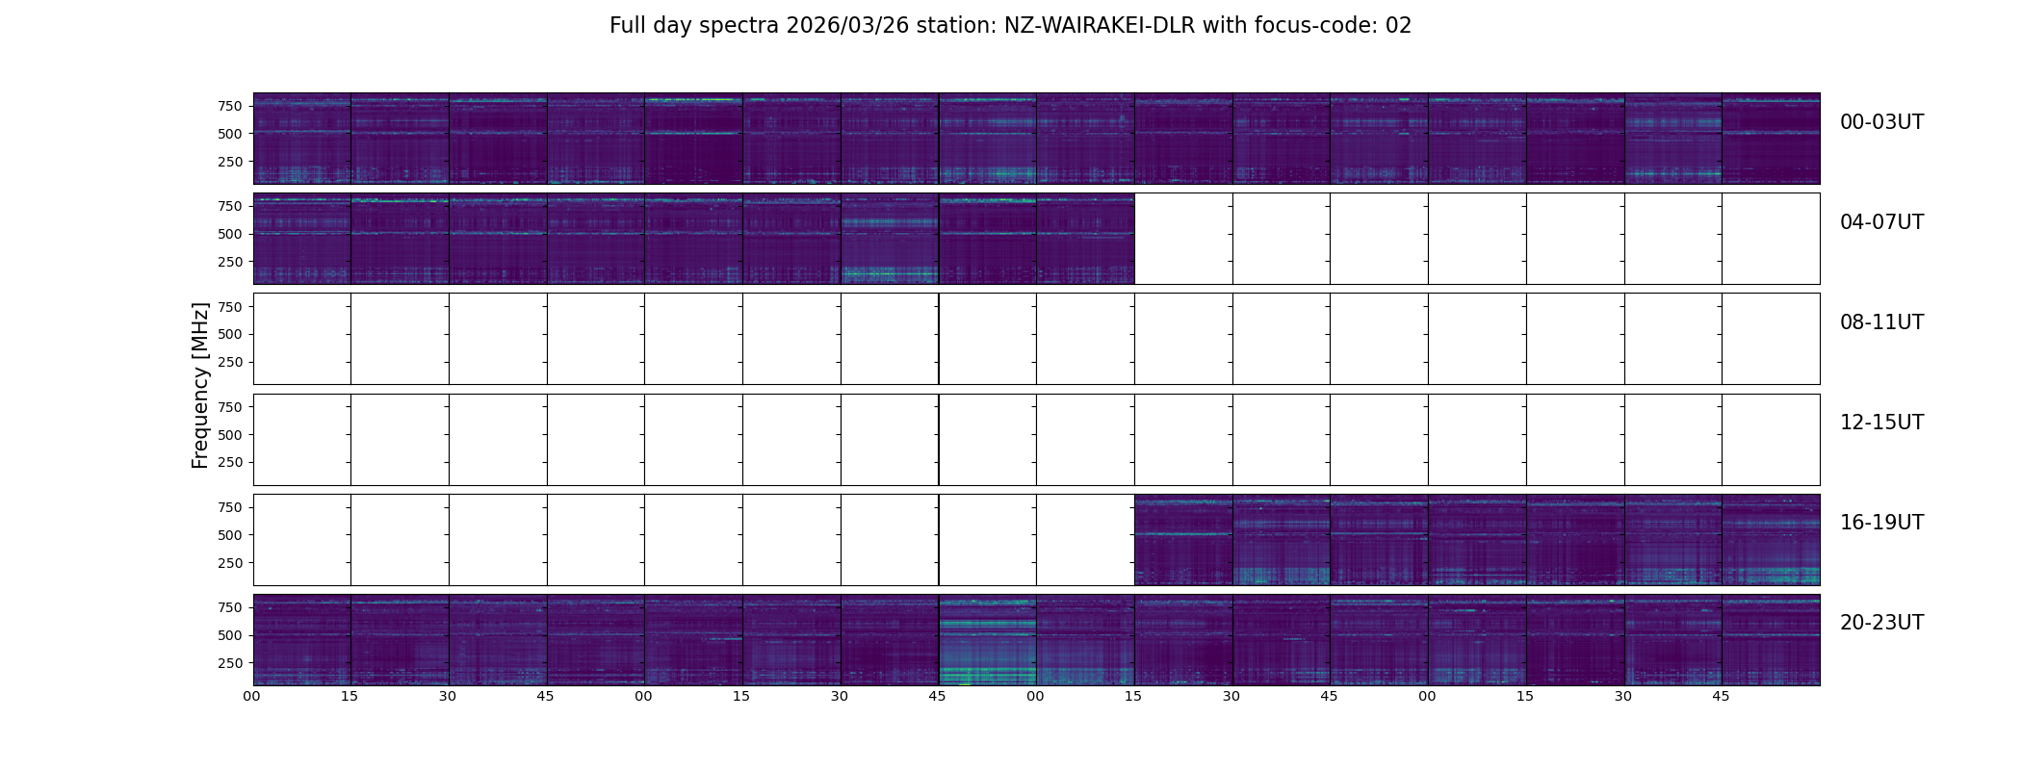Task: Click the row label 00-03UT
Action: pyautogui.click(x=1881, y=122)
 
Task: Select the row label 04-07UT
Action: pyautogui.click(x=1881, y=222)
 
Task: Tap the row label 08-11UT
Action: pyautogui.click(x=1881, y=322)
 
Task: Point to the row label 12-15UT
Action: pyautogui.click(x=1881, y=423)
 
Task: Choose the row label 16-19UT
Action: pyautogui.click(x=1881, y=523)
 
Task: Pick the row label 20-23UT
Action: pyautogui.click(x=1881, y=623)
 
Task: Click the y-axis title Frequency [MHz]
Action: pyautogui.click(x=200, y=385)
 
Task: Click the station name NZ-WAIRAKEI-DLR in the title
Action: pyautogui.click(x=1099, y=26)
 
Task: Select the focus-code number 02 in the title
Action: pyautogui.click(x=1398, y=26)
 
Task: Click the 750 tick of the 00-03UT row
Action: pyautogui.click(x=229, y=106)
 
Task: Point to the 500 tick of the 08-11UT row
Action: pyautogui.click(x=229, y=334)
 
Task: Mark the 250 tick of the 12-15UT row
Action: pyautogui.click(x=229, y=462)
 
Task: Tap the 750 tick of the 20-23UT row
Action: pyautogui.click(x=229, y=607)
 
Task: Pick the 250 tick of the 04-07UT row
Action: pyautogui.click(x=229, y=262)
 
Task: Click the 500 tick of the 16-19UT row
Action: pyautogui.click(x=229, y=535)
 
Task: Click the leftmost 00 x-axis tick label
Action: pyautogui.click(x=252, y=696)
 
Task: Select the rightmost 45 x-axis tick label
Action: pyautogui.click(x=1721, y=696)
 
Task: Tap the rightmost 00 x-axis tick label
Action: pyautogui.click(x=1427, y=696)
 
